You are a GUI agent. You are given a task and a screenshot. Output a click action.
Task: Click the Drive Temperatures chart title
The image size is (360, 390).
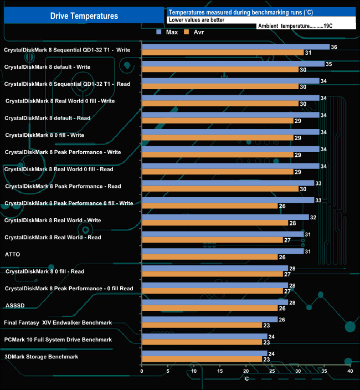[84, 16]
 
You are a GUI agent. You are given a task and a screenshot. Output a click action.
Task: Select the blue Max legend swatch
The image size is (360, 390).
[159, 33]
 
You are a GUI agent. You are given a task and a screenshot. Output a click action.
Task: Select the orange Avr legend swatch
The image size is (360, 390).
[186, 33]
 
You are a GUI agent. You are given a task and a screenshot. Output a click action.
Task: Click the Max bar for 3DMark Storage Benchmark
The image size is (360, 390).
[204, 353]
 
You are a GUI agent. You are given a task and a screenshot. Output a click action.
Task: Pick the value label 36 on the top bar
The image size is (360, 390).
[334, 47]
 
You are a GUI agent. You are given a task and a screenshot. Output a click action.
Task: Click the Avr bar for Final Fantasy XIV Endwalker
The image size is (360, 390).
[202, 325]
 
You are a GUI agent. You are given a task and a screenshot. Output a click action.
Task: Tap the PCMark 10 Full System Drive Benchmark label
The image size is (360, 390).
[58, 340]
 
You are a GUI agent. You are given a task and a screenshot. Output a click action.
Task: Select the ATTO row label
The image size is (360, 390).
[13, 254]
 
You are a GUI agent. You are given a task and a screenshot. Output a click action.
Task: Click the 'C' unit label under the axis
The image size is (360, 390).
[246, 378]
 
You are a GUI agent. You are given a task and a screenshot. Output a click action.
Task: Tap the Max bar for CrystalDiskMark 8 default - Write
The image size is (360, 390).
[233, 64]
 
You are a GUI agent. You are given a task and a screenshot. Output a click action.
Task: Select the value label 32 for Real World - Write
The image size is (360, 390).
[313, 217]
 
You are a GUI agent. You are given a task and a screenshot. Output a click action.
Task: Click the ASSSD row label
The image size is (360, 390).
[14, 305]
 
